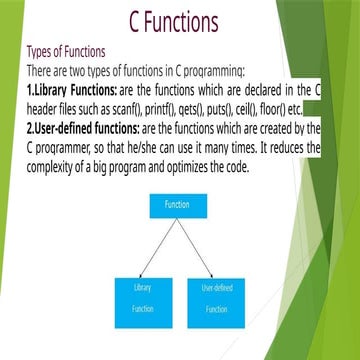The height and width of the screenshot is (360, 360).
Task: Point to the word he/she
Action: coord(152,148)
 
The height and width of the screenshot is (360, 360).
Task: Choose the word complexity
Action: coord(59,166)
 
